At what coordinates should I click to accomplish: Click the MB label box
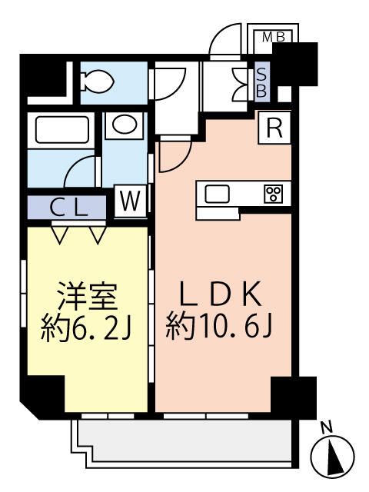273,36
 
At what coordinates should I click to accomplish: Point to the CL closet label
69,208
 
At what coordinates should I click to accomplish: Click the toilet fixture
97,78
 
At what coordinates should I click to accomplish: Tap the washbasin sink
127,125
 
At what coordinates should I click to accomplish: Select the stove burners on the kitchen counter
272,194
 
